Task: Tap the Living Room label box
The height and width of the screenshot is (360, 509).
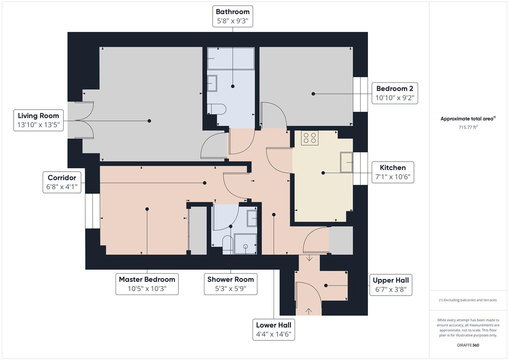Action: [x=38, y=120]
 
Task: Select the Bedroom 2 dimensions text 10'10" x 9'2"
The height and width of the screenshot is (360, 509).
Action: [x=395, y=98]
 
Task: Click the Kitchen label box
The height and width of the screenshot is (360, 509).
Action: [x=393, y=172]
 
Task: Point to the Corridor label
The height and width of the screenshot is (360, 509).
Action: [x=62, y=182]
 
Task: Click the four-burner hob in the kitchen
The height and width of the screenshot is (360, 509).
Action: [x=309, y=138]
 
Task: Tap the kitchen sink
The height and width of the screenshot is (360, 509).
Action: [x=346, y=162]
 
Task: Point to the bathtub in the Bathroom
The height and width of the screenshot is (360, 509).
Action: [x=231, y=59]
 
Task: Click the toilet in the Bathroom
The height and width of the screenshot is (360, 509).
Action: [x=217, y=109]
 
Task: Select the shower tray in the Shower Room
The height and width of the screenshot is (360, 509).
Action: [x=245, y=244]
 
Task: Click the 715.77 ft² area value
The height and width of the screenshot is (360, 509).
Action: [x=468, y=127]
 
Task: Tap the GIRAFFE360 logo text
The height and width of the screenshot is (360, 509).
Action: [x=468, y=345]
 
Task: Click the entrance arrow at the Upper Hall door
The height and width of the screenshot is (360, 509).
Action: [x=309, y=311]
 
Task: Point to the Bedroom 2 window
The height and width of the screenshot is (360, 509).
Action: [x=360, y=94]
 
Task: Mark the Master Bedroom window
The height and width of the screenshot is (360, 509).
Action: [x=93, y=211]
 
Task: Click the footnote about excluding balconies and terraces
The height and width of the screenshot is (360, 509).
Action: [x=468, y=300]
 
